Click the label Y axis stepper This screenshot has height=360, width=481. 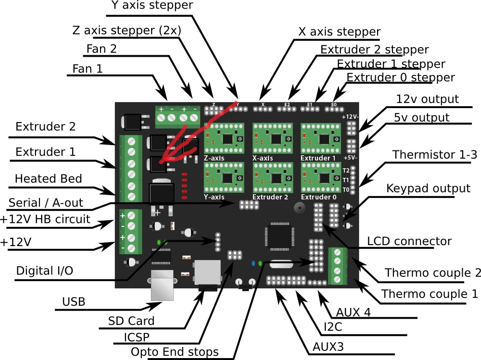tap(152, 6)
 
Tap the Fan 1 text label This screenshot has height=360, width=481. tap(88, 69)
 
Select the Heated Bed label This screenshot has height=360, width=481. tap(48, 179)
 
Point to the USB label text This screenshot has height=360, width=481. tap(74, 302)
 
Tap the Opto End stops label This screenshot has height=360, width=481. tap(175, 352)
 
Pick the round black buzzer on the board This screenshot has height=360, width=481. tap(300, 208)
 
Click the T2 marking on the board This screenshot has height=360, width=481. tap(346, 170)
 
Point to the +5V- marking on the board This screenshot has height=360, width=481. tap(350, 158)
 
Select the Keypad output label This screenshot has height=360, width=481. tap(428, 188)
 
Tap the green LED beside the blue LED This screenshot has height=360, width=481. tap(260, 263)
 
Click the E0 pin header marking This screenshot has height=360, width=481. tap(334, 104)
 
